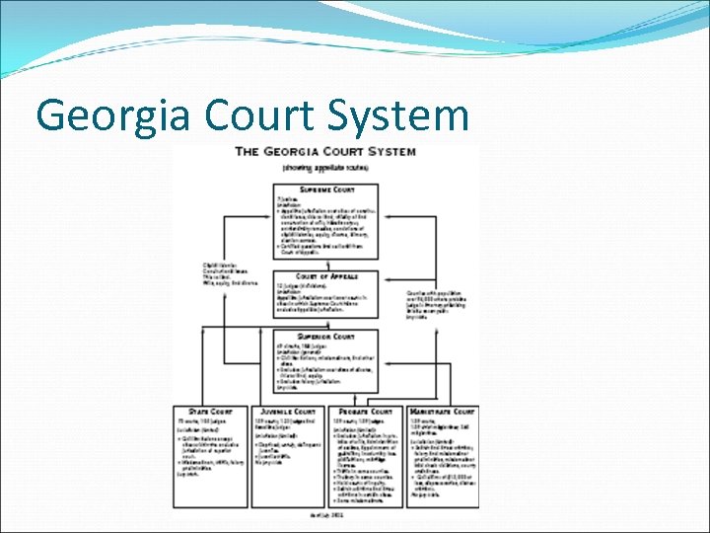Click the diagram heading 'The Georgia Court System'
pos(324,152)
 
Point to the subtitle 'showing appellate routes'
pos(324,168)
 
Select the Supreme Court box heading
pos(324,188)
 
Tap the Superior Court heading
pos(324,336)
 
